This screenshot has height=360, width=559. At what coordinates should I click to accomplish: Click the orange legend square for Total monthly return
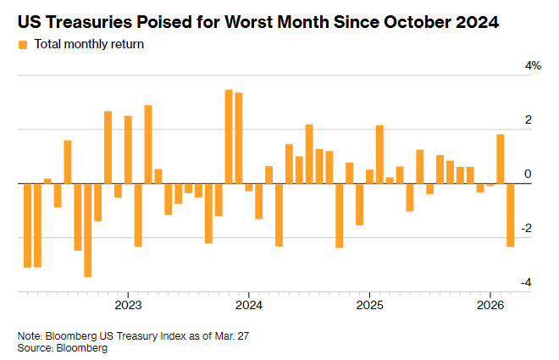[23, 44]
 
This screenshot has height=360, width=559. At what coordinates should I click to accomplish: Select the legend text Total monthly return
[88, 44]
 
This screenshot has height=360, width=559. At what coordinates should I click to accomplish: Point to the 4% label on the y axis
[533, 66]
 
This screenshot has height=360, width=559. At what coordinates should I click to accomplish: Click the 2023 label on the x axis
[128, 304]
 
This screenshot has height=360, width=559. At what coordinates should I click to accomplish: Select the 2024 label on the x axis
[248, 304]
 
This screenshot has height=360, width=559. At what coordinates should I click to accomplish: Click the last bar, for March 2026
[511, 215]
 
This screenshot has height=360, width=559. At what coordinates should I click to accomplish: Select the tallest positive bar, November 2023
[229, 136]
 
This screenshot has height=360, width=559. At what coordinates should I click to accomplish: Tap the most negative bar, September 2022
[88, 230]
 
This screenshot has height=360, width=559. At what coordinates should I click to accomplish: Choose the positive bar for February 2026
[501, 158]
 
